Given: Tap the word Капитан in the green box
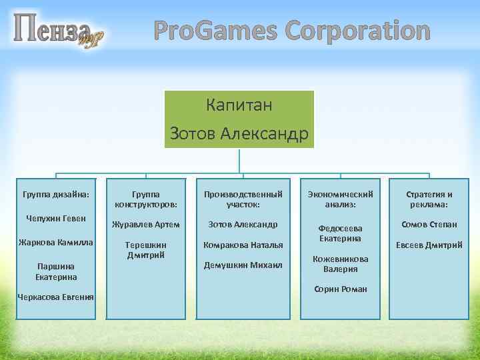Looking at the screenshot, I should [239, 105].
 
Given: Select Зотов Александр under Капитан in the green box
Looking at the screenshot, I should [239, 133].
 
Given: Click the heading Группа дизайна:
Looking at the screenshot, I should [57, 194].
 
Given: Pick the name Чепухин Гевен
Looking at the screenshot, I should [57, 218].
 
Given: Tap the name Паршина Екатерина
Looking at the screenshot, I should [57, 271].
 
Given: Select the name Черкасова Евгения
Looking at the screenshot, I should [57, 297].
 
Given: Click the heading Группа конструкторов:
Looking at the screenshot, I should [146, 199].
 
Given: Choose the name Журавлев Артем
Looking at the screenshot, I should [146, 225].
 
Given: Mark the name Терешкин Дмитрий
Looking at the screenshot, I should [146, 250].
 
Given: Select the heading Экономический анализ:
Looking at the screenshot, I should [341, 199].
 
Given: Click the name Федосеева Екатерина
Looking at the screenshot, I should [341, 233].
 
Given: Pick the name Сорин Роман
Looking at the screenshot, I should [341, 289].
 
